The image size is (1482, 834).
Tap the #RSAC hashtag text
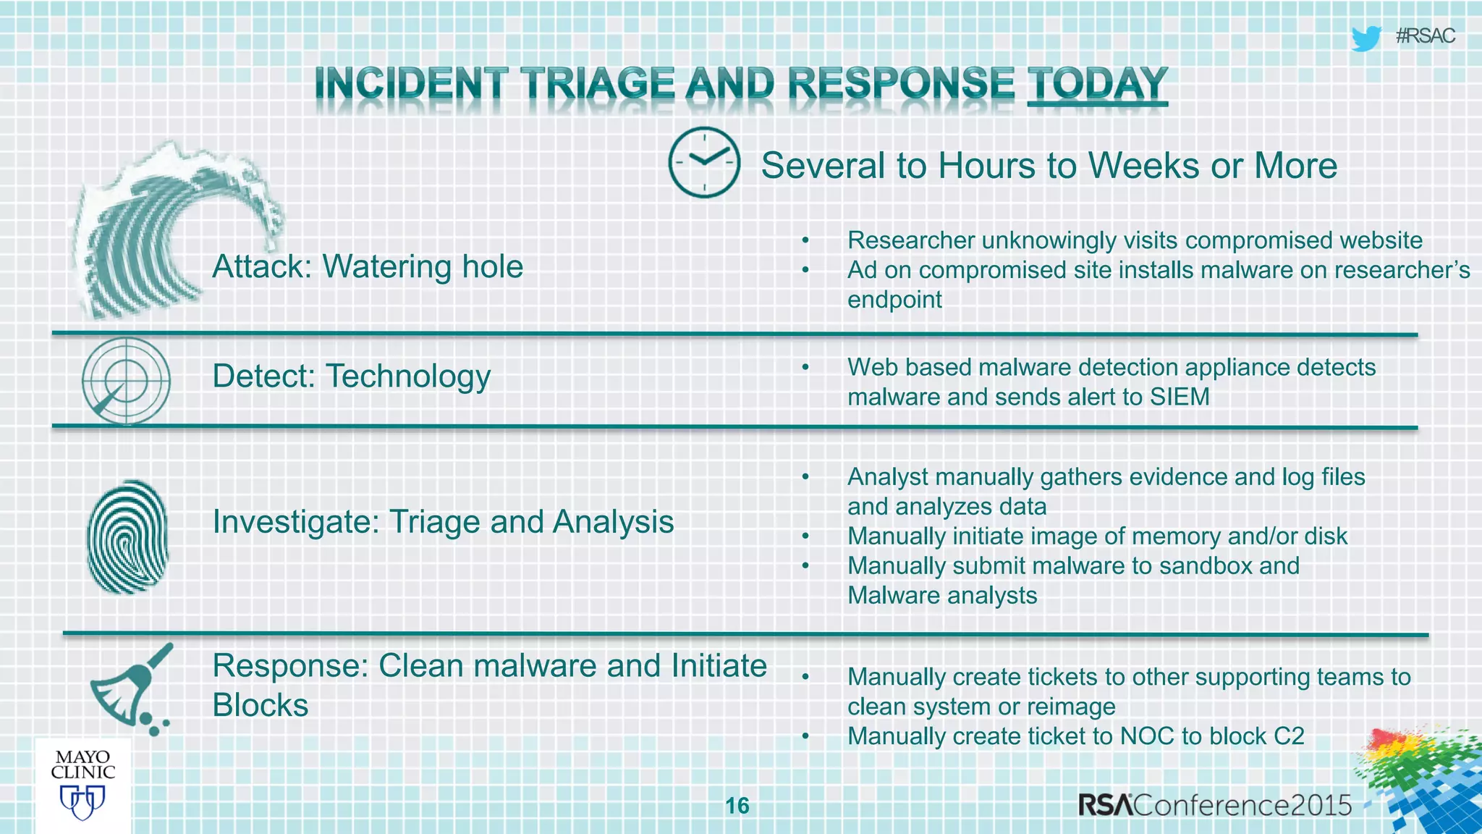tap(1425, 36)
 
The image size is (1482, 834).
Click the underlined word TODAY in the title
tap(1097, 84)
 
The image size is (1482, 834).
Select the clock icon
tap(703, 162)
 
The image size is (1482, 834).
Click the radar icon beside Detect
tap(126, 380)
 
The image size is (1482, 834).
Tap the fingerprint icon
tap(127, 536)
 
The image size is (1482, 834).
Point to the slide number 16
tap(737, 806)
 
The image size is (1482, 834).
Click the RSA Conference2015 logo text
tap(1214, 805)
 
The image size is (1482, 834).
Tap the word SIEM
tap(1180, 397)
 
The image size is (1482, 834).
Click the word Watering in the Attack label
tap(387, 267)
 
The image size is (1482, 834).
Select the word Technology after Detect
tap(408, 377)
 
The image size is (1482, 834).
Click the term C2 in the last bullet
tap(1288, 736)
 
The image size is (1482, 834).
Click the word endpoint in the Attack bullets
tap(894, 300)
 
